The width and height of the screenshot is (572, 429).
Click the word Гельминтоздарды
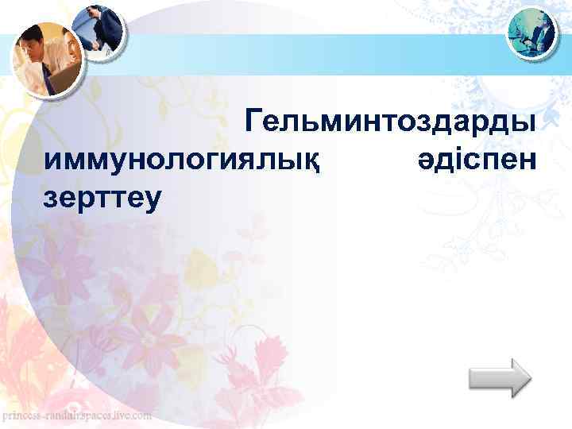pos(391,122)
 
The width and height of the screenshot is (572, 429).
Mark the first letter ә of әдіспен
pos(424,161)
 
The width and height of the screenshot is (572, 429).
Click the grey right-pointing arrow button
pos(499,377)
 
